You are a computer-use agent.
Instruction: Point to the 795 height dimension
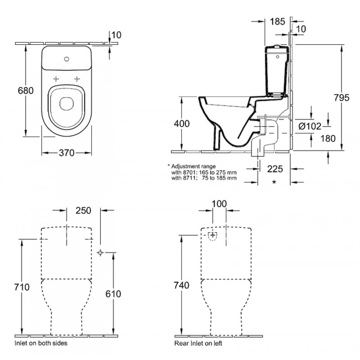coord(342,97)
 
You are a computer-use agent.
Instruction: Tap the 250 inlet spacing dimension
coord(83,210)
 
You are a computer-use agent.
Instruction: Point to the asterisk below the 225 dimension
coord(274,182)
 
